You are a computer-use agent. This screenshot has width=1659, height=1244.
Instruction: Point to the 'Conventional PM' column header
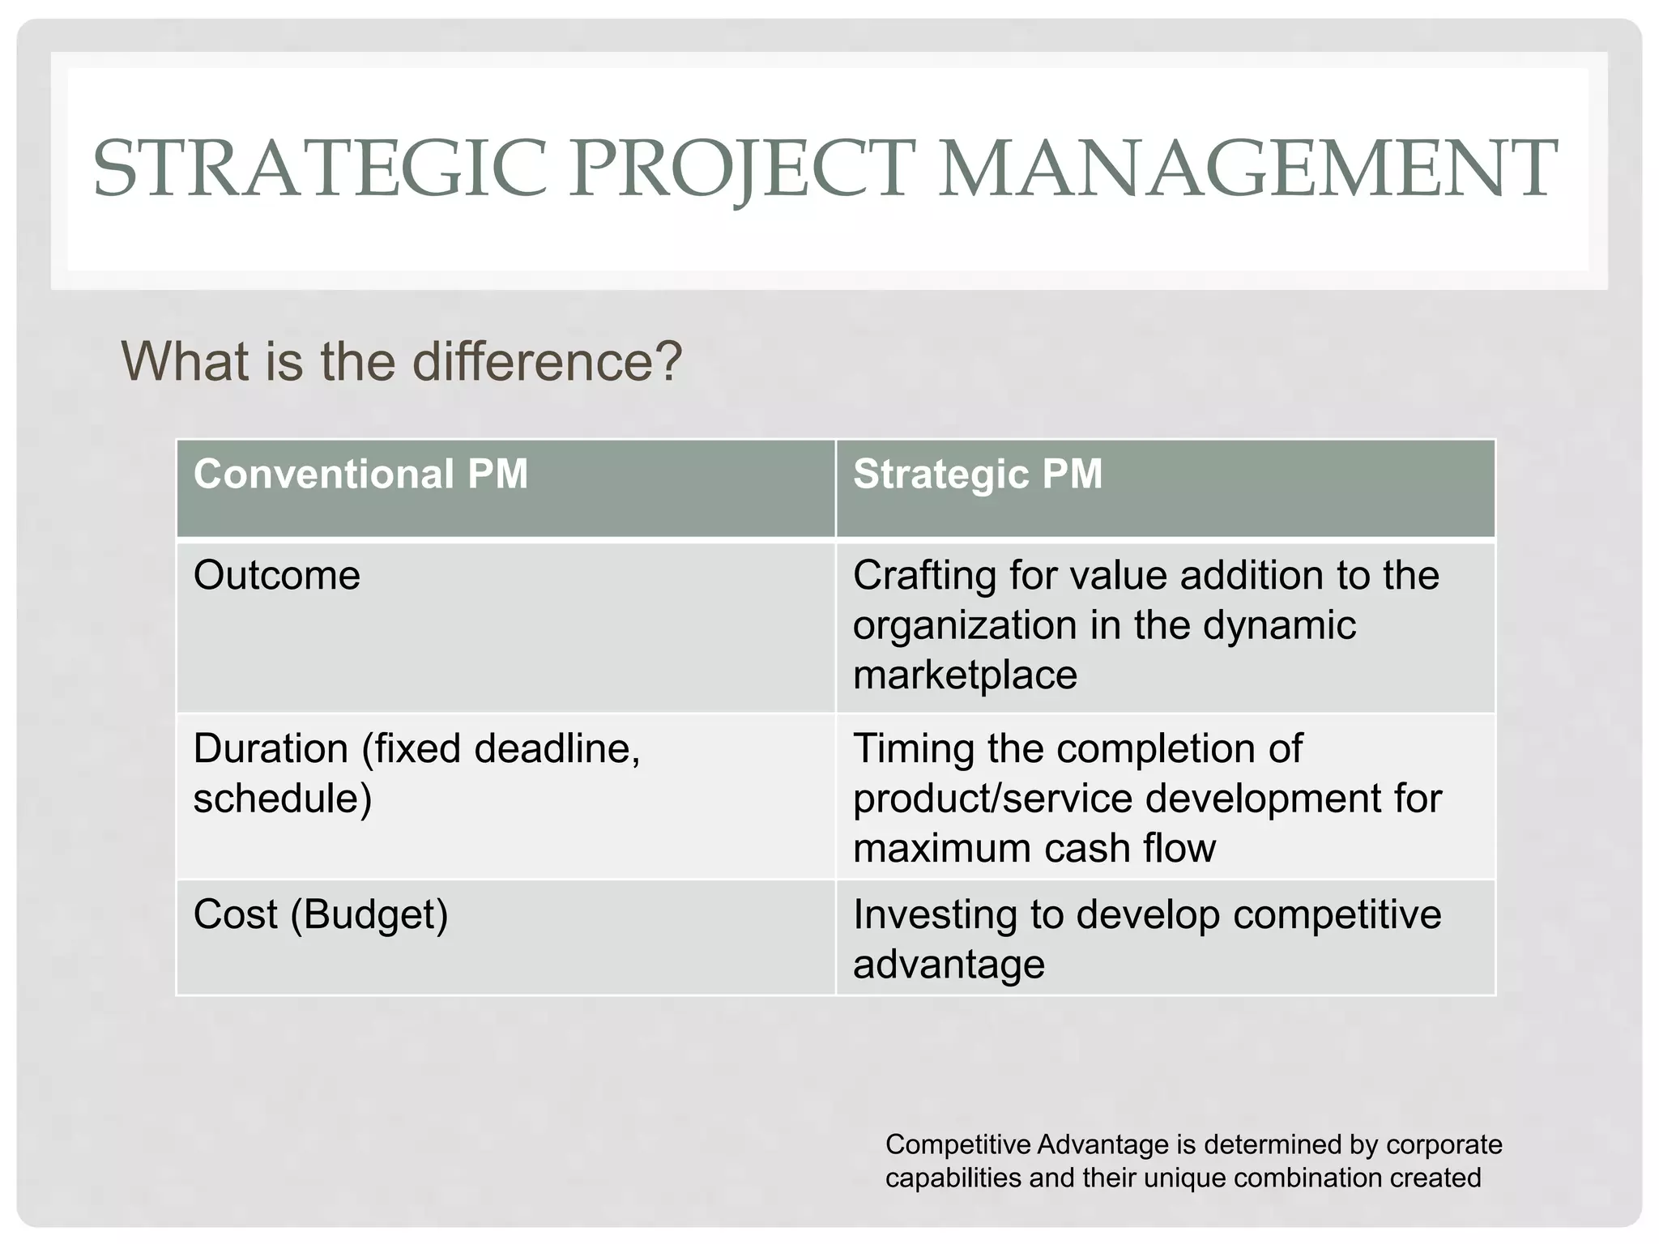click(x=360, y=474)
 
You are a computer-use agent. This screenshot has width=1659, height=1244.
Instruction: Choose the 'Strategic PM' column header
click(x=978, y=474)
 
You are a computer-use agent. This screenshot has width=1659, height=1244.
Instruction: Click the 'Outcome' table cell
click(x=276, y=576)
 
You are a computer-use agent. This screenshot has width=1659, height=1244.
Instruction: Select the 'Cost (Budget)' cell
click(x=320, y=915)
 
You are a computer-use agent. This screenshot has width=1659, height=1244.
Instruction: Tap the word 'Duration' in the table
click(x=271, y=748)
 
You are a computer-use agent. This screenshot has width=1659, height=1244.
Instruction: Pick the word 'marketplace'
click(x=965, y=675)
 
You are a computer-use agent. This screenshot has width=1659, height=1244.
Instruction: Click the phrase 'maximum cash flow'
click(x=1034, y=848)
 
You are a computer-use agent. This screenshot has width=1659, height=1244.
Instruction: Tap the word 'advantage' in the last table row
click(x=949, y=965)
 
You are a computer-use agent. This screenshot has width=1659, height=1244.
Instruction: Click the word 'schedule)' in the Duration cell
click(x=282, y=799)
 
